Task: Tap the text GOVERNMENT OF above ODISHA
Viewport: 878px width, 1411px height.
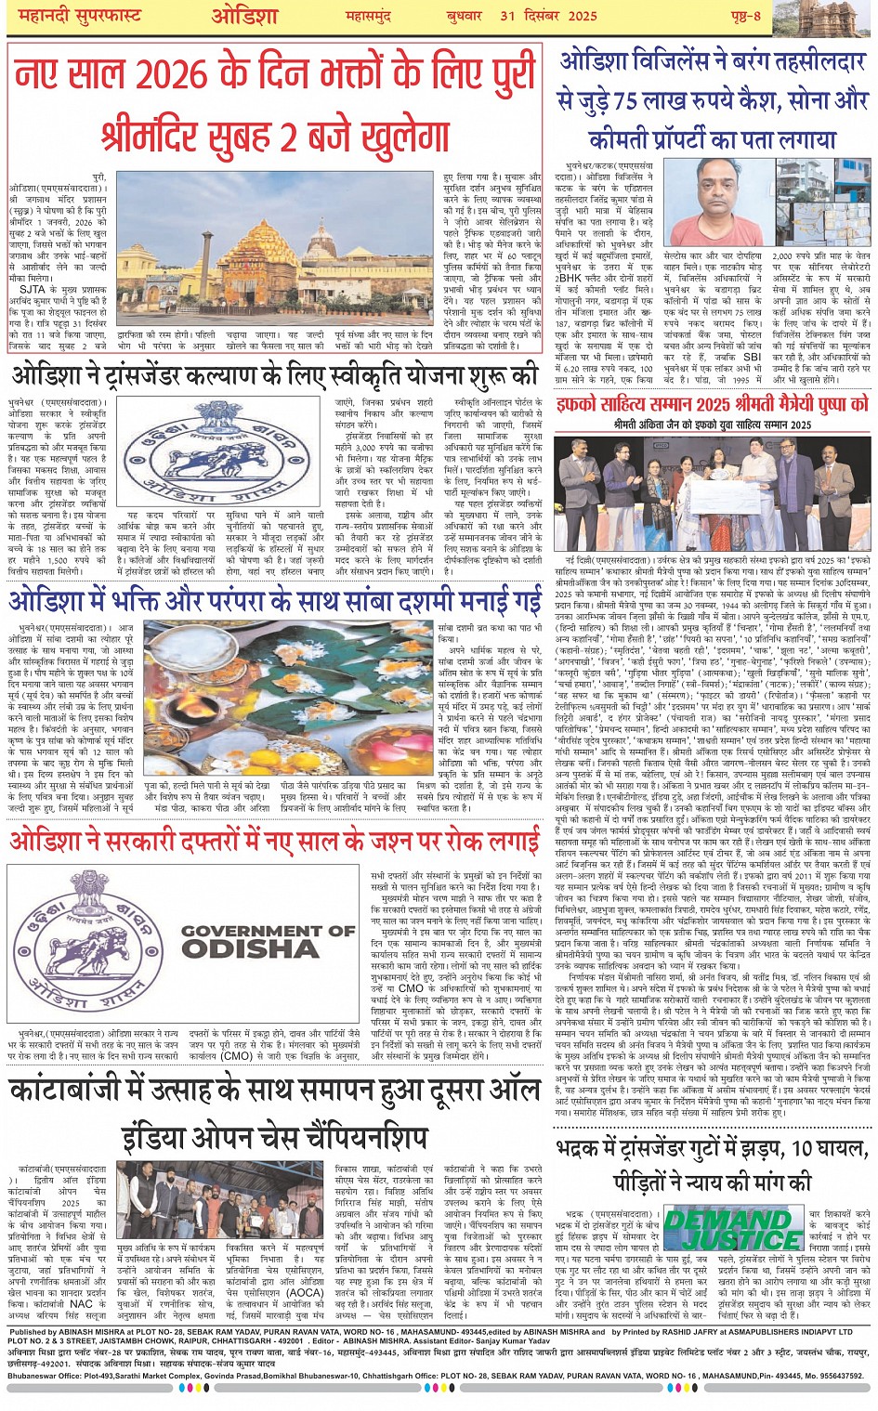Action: tap(268, 929)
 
